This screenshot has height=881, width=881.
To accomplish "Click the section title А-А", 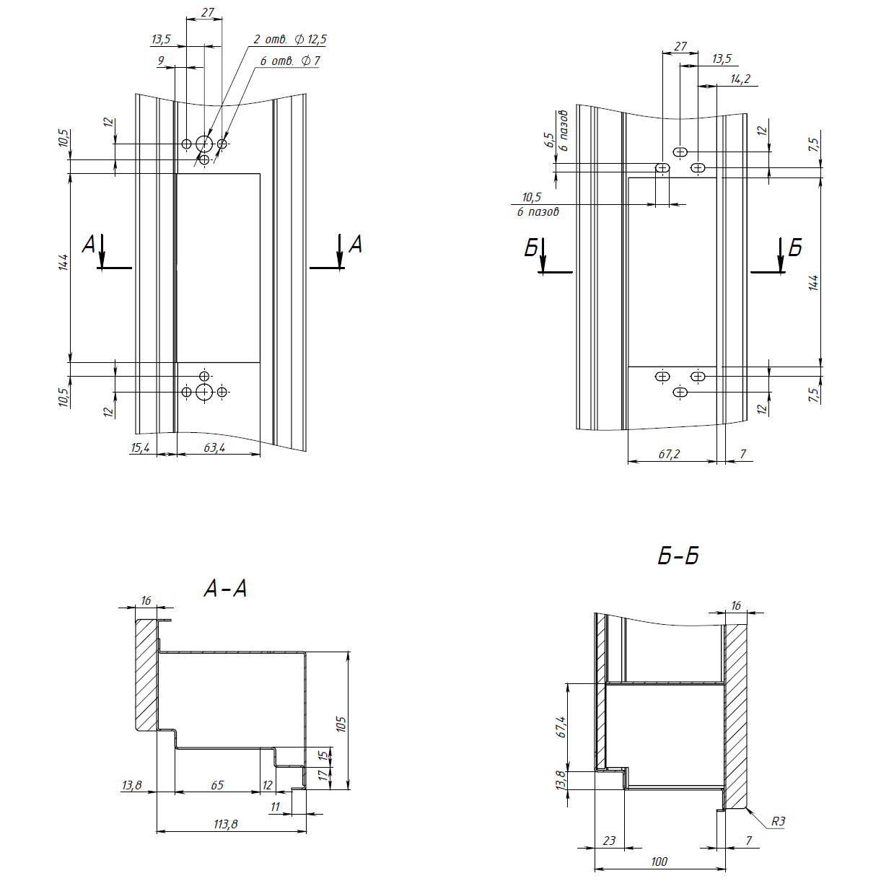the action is pos(225,588).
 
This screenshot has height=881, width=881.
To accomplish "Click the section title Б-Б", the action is pos(678,556).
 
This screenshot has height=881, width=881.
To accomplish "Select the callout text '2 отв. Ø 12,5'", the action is pos(290,39).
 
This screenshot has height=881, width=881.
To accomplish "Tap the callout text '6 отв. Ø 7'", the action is pos(290,61).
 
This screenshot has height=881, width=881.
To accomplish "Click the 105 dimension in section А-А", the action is pos(341,724).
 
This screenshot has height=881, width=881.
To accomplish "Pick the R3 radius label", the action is pos(778,821).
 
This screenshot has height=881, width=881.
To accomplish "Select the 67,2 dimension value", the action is pos(669,454).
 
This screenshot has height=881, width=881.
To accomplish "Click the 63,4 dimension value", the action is pos(214,447).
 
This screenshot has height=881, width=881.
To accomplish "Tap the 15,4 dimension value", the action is pos(141,447).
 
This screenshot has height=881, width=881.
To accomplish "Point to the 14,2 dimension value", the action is pos(740,79).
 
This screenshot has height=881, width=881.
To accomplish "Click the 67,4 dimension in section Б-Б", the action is pos(561,727).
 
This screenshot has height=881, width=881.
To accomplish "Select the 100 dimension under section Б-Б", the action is pos(659,862).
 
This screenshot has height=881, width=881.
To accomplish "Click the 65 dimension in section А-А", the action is pos(217,785).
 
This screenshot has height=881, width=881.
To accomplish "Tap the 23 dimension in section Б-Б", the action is pos(610,841).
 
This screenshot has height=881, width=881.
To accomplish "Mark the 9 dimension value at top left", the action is pos(161,61).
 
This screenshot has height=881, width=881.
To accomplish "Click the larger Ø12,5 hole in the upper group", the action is pos(204,144).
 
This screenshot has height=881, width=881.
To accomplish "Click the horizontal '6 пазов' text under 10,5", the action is pos(538,211).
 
